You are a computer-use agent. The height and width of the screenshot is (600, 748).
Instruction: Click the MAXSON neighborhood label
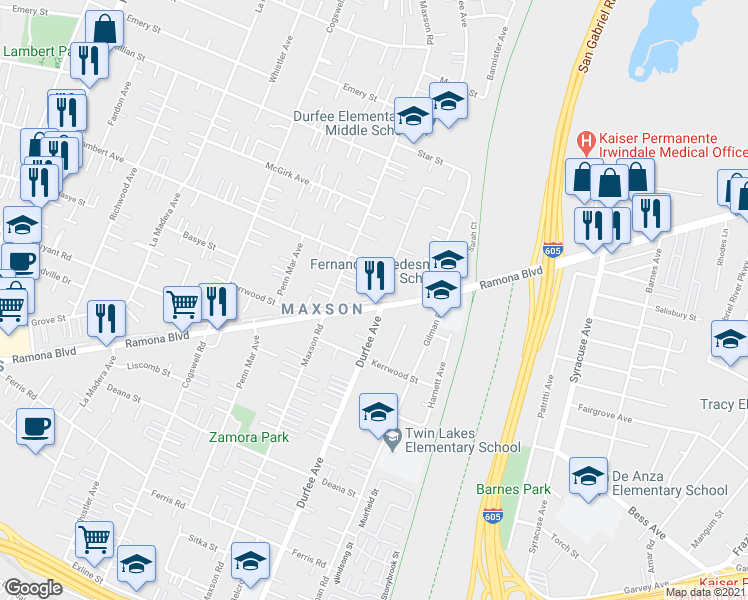tap(321, 309)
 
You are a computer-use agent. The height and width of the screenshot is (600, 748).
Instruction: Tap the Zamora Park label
tap(248, 437)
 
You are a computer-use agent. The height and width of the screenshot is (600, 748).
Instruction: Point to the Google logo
tap(32, 587)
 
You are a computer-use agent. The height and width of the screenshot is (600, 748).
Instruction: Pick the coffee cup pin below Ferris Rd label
tap(35, 427)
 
